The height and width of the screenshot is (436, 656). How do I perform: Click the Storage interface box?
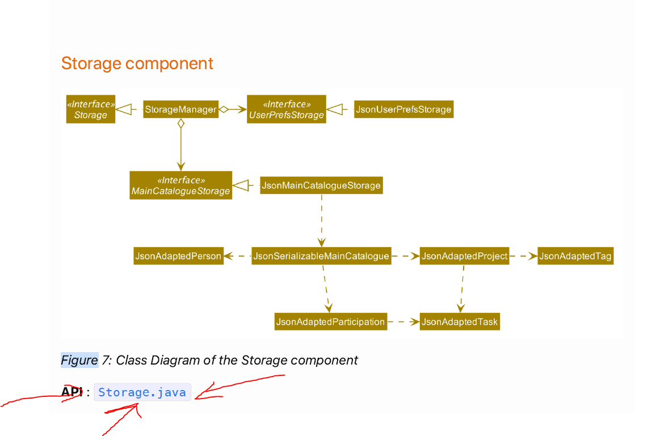[x=91, y=109]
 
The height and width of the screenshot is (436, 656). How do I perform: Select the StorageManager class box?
[x=180, y=109]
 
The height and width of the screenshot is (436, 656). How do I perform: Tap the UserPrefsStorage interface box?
[x=286, y=109]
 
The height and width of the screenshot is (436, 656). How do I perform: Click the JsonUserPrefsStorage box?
[x=403, y=109]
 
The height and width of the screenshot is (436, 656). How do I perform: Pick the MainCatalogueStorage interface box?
[x=180, y=185]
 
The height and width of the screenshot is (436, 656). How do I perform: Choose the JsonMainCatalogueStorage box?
[x=321, y=185]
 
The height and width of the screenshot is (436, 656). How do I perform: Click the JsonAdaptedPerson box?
[x=178, y=256]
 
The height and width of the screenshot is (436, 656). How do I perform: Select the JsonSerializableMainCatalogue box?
[x=321, y=256]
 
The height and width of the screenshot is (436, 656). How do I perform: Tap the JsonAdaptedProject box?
[x=464, y=256]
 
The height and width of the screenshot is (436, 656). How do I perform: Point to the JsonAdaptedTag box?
[x=575, y=256]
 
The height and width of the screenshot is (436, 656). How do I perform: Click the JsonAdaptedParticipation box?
[x=330, y=322]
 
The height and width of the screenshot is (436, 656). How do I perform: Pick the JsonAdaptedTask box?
[x=460, y=322]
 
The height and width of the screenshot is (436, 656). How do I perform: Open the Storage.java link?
[x=142, y=392]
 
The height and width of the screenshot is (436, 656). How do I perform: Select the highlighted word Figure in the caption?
[x=79, y=360]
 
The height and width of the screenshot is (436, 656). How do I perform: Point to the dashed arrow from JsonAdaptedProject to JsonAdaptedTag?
[x=523, y=256]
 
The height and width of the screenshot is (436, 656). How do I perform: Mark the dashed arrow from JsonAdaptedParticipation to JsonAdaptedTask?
[x=403, y=322]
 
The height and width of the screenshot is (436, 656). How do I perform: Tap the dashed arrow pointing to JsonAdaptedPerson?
[x=237, y=256]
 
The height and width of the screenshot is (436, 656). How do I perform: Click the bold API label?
[x=72, y=392]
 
